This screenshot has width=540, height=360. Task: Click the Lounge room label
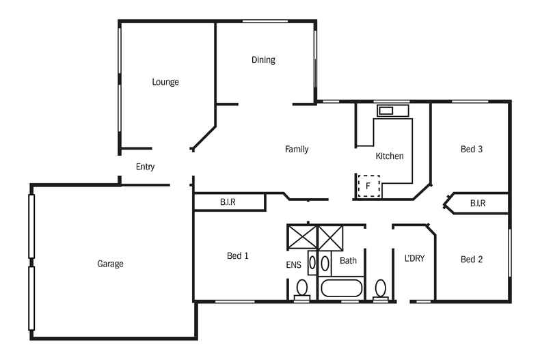coord(165,82)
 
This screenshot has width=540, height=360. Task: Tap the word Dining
coord(263,60)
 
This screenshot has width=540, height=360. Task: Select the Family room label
coord(297,149)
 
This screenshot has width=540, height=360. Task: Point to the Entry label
coord(145,167)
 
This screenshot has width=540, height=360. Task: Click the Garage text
coord(110,264)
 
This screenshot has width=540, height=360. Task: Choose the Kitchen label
coord(390,156)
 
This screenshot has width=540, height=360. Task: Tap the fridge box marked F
coord(369,186)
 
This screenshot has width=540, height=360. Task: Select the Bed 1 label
coord(237,256)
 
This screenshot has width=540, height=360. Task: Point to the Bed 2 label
coord(472,260)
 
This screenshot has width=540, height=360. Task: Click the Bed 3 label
coord(472,149)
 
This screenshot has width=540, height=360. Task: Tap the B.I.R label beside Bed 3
coord(477,204)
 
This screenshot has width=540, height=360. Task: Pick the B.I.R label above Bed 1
coord(228,203)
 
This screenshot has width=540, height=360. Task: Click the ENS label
coord(293,264)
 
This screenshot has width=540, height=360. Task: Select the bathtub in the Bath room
coord(342,288)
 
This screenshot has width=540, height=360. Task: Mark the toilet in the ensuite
coord(301,289)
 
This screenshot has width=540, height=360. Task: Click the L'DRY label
coord(414,258)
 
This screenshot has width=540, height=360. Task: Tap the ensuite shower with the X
coord(301,238)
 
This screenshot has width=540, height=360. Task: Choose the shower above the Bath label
coord(332,238)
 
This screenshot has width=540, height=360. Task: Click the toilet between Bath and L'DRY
coord(381,289)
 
